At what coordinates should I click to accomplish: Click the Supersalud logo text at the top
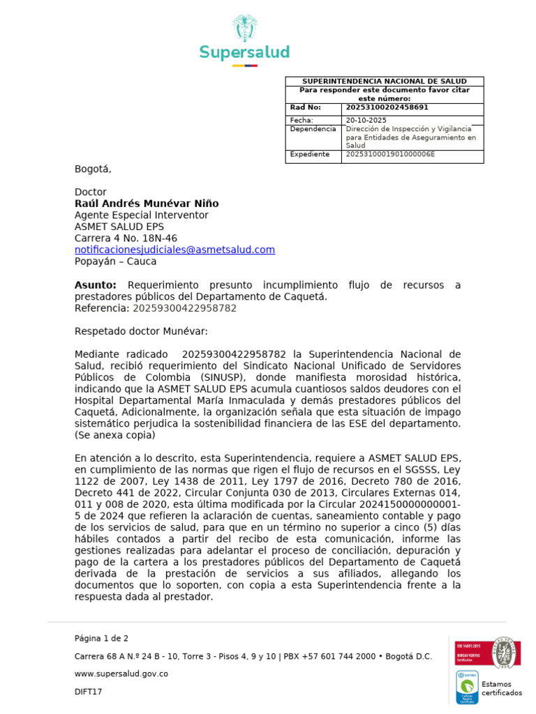[244, 52]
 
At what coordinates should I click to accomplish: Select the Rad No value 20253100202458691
[387, 107]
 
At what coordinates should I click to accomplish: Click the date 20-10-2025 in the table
[366, 120]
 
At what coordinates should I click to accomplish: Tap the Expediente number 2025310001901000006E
[390, 154]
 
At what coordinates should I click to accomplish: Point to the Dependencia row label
[312, 130]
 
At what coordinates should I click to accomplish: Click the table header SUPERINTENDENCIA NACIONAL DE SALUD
[384, 82]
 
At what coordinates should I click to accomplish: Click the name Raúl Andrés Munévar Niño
[147, 204]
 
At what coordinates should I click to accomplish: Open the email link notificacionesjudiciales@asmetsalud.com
[174, 250]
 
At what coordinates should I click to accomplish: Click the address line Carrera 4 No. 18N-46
[126, 238]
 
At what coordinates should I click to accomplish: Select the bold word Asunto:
[96, 285]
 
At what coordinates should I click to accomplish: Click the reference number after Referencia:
[184, 308]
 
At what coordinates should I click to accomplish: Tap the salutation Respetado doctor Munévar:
[141, 331]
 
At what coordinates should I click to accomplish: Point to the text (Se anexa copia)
[115, 435]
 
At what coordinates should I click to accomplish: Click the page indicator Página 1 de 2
[101, 638]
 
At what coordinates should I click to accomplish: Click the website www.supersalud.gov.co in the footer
[121, 674]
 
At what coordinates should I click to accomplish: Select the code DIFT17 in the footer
[88, 692]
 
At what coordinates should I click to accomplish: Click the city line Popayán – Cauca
[115, 261]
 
